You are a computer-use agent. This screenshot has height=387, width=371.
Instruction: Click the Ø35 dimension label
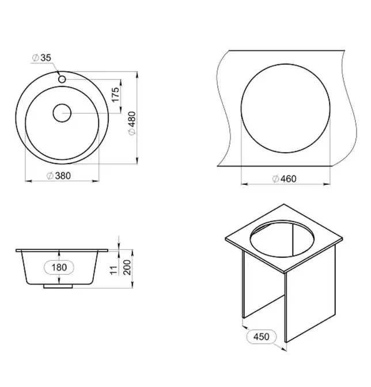tap(41, 58)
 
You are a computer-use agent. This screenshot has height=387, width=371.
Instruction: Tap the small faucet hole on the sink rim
tap(62, 79)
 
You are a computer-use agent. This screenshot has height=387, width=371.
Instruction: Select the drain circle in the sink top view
tap(62, 113)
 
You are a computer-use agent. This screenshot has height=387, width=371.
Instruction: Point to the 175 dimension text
tap(116, 94)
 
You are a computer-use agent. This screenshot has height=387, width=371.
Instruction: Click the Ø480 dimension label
tap(132, 123)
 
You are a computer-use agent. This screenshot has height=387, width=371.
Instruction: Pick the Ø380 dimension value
tap(59, 176)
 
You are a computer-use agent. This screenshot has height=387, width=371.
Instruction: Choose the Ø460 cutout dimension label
tap(284, 179)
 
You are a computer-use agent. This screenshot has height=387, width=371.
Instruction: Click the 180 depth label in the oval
tap(59, 267)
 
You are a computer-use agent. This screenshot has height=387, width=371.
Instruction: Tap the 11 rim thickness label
tap(114, 270)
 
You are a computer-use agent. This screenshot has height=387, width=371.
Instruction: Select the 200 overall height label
tap(127, 267)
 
